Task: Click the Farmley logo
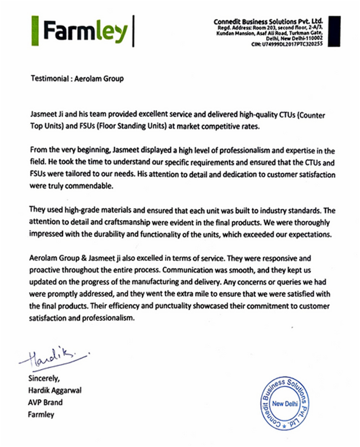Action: click(x=85, y=31)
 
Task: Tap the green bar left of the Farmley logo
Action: click(x=34, y=31)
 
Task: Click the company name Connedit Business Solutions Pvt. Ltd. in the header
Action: click(x=268, y=21)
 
